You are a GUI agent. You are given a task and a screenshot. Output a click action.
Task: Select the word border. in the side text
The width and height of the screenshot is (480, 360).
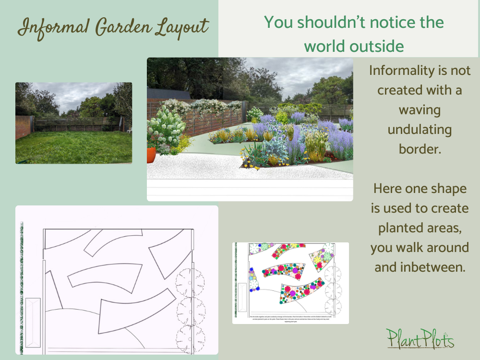tap(420, 149)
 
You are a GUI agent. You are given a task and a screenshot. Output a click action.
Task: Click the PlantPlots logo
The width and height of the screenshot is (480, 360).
tap(420, 338)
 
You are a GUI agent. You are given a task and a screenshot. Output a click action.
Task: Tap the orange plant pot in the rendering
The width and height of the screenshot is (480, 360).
tap(151, 155)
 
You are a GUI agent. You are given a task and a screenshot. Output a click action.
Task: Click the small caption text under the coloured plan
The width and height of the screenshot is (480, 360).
tap(290, 318)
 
